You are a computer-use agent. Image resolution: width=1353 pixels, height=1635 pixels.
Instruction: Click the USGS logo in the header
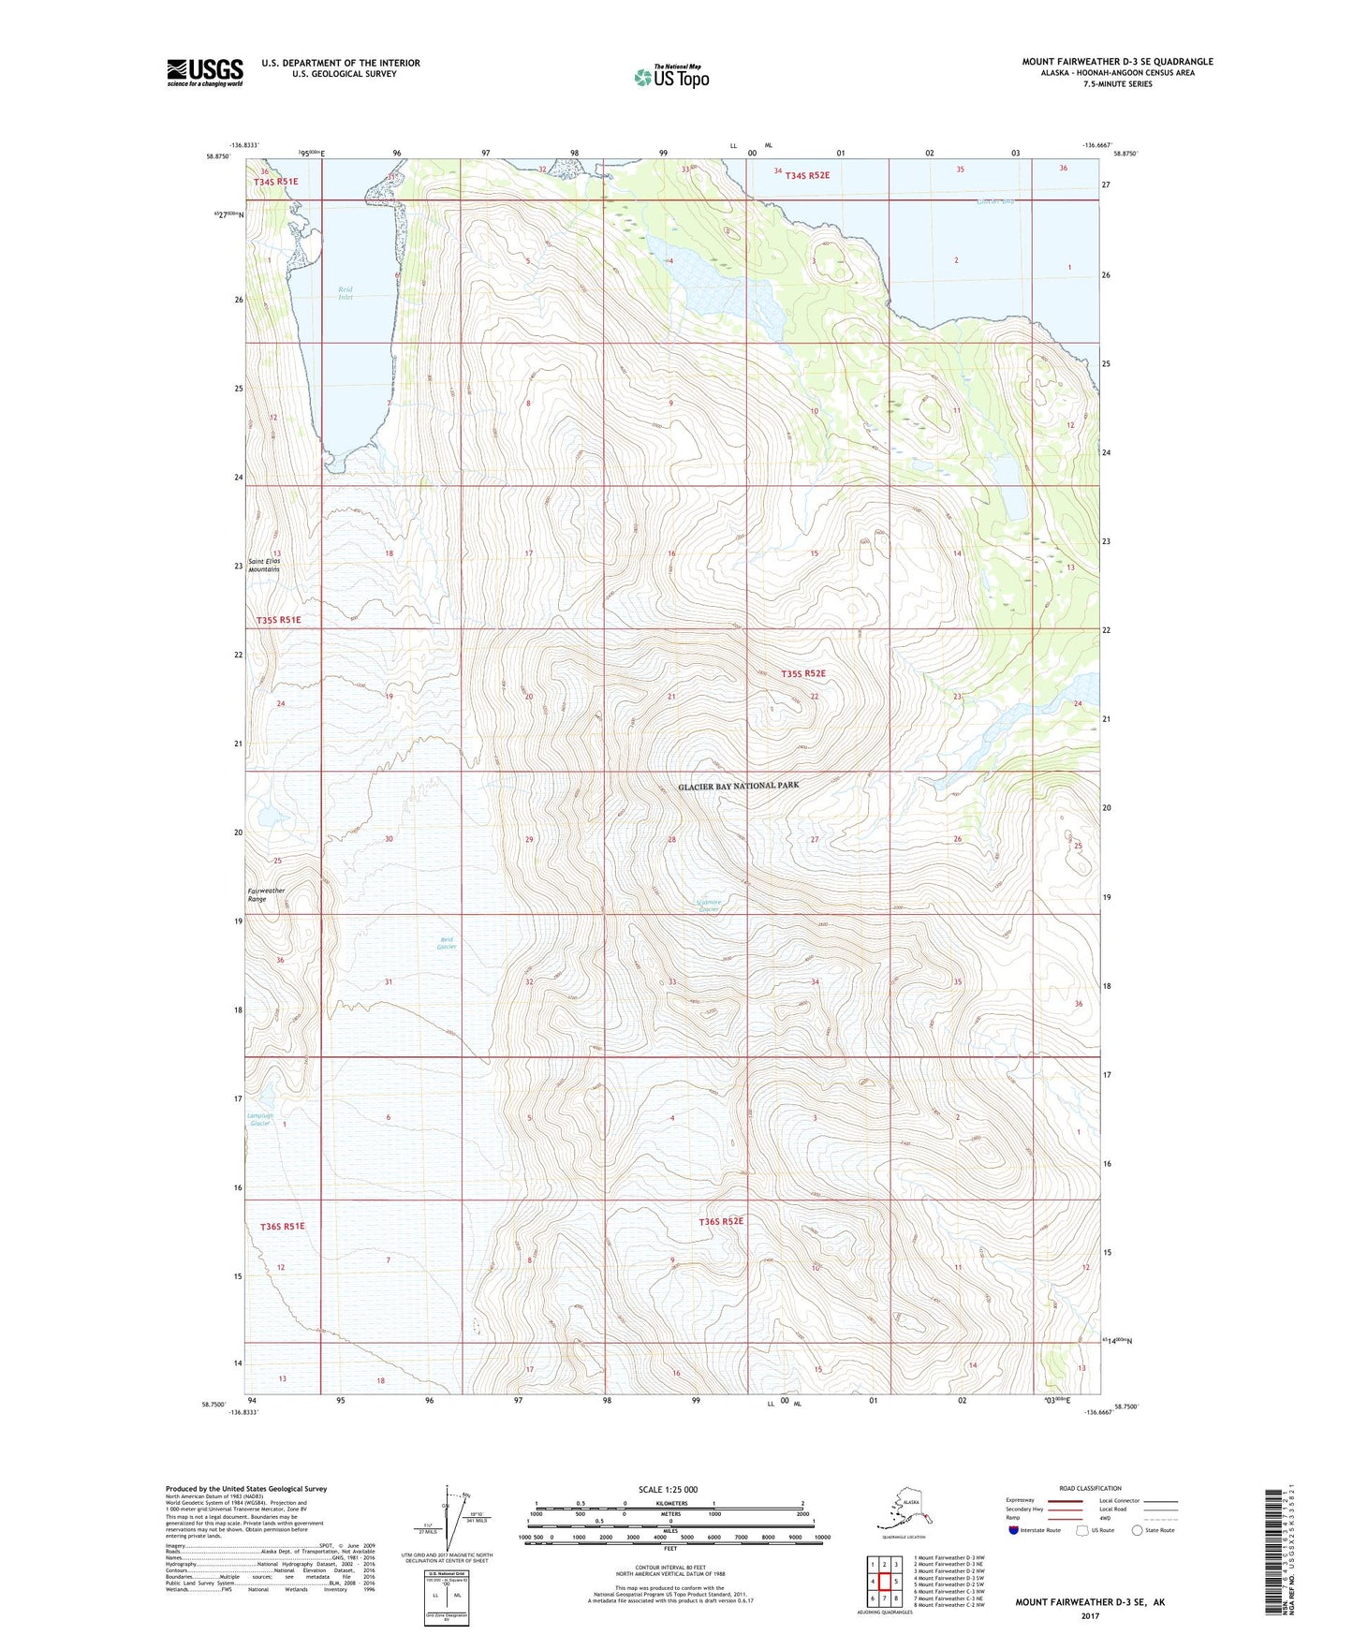[204, 72]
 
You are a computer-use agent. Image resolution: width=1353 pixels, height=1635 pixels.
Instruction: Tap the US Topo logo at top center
[670, 76]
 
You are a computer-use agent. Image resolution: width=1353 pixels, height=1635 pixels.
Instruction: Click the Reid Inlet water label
[346, 293]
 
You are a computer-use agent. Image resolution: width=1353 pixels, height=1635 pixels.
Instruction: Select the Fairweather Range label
[266, 894]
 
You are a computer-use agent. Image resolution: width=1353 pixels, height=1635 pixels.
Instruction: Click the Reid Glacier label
[447, 943]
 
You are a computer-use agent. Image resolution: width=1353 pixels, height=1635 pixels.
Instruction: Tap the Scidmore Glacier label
[709, 906]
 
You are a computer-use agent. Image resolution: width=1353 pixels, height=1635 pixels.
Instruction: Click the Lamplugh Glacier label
[260, 1119]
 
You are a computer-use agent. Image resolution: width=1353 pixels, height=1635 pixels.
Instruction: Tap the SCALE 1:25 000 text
[668, 1489]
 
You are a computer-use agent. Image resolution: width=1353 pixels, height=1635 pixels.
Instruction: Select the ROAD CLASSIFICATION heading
[1090, 1488]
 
